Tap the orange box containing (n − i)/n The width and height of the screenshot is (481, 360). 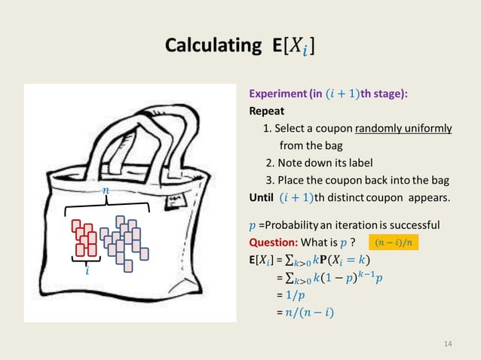click(394, 243)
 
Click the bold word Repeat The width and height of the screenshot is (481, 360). click(266, 111)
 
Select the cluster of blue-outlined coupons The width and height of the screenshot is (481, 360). click(123, 241)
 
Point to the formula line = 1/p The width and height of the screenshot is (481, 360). click(290, 294)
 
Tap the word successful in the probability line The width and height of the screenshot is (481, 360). click(415, 225)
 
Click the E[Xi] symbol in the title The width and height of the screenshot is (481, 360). click(290, 46)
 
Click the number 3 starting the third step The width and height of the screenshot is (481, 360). click(269, 180)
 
